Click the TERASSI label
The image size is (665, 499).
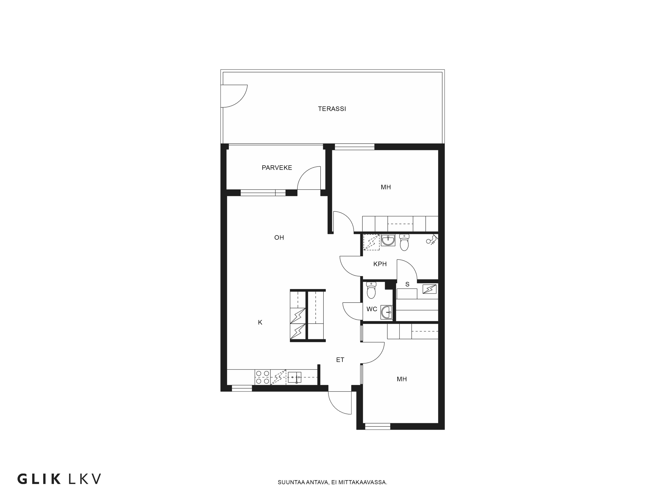pyautogui.click(x=332, y=109)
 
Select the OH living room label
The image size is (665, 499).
pyautogui.click(x=279, y=238)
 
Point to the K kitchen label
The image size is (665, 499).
pyautogui.click(x=260, y=323)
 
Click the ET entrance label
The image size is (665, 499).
pyautogui.click(x=340, y=360)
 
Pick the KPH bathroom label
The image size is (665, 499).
pyautogui.click(x=380, y=264)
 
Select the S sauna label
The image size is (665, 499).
pyautogui.click(x=407, y=284)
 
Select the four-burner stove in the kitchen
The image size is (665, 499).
pyautogui.click(x=263, y=377)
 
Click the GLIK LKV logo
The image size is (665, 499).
pyautogui.click(x=59, y=479)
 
